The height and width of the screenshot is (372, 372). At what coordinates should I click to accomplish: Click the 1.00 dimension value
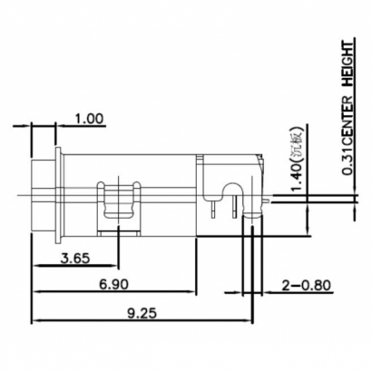90,119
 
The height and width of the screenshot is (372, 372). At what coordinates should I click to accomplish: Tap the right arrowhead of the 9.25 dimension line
248,321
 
